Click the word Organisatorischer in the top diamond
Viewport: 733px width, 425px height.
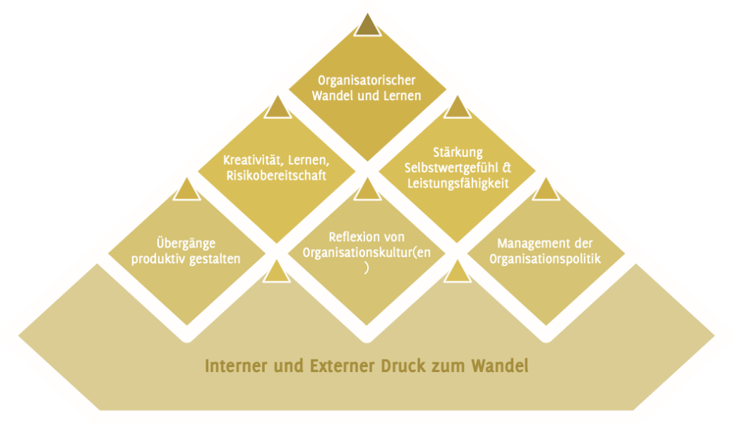click(x=366, y=80)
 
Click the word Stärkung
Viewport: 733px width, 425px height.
click(x=458, y=152)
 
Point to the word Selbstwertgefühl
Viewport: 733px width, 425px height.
click(x=450, y=167)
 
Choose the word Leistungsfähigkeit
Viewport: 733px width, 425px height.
click(x=457, y=183)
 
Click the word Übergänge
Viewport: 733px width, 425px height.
click(x=185, y=243)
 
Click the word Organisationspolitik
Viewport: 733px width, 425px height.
click(x=545, y=258)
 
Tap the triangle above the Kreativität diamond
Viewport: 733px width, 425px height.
click(x=278, y=109)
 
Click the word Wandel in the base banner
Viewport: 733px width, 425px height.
click(x=499, y=366)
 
